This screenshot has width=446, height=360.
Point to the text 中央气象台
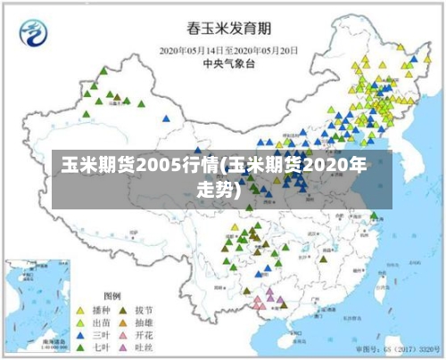(224, 63)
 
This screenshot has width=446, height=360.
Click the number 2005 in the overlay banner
(133, 166)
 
